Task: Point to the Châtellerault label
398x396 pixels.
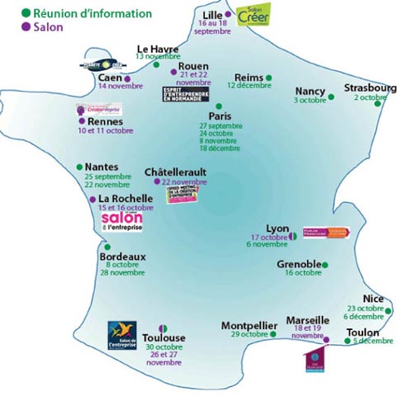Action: (x=175, y=172)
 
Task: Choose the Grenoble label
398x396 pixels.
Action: (x=299, y=264)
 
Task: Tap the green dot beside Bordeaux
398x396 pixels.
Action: (x=107, y=246)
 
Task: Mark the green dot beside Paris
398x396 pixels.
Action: (x=218, y=106)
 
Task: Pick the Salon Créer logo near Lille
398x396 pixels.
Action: (x=252, y=15)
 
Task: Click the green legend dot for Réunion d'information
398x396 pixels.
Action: (x=26, y=13)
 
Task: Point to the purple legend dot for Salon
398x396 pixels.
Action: (x=26, y=26)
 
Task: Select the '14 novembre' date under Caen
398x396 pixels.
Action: (x=120, y=86)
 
